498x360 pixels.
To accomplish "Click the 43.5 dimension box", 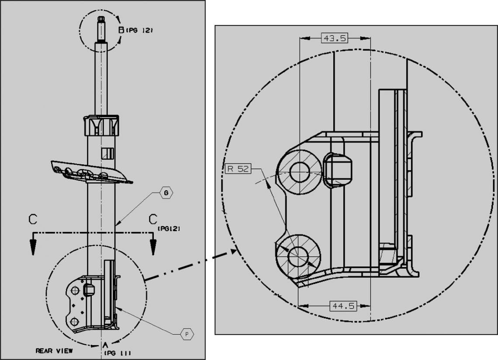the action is (335, 38).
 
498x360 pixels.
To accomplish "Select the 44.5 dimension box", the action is (343, 306).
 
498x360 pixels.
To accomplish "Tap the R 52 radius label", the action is (238, 168).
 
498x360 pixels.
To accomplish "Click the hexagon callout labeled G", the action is (166, 193).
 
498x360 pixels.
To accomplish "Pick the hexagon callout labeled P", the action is (187, 334).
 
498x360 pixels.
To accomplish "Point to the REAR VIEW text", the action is (54, 351).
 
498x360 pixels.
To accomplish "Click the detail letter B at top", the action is (121, 30).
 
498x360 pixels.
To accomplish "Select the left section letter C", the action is (33, 219).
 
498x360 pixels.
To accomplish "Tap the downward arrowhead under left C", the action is (33, 247).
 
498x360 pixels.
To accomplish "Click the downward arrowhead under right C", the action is (153, 247).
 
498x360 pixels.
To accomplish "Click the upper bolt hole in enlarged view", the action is (299, 172).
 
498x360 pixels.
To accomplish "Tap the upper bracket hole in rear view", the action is (75, 291).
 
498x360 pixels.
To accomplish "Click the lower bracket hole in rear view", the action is (75, 322).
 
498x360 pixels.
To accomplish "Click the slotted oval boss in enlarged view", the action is (337, 170).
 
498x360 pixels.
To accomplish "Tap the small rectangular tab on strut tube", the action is (107, 153).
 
